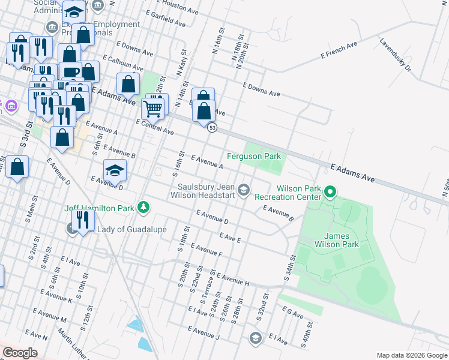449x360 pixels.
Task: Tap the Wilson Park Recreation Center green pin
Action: [x=330, y=193]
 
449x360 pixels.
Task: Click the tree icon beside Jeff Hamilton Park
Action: [x=143, y=208]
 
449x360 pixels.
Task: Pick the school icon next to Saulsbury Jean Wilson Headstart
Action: [x=243, y=190]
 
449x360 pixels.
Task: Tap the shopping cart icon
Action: [x=152, y=109]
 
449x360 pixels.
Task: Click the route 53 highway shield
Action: [x=212, y=128]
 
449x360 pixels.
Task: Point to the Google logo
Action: [x=20, y=352]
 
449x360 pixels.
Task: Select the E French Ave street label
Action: [x=339, y=49]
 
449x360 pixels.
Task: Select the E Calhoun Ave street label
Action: [x=122, y=63]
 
